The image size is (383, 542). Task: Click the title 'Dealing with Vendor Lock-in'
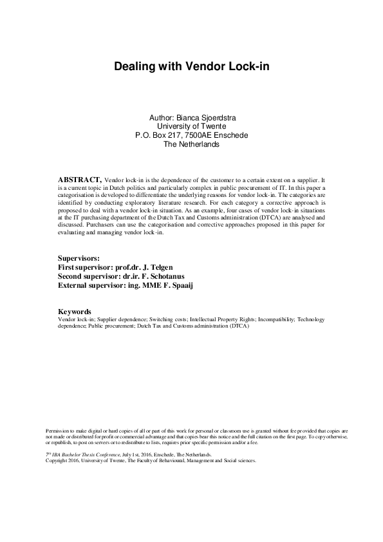point(191,66)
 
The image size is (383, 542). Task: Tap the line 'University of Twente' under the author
point(191,127)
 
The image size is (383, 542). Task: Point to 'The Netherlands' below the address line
point(191,145)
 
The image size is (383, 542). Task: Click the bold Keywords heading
point(75,312)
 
